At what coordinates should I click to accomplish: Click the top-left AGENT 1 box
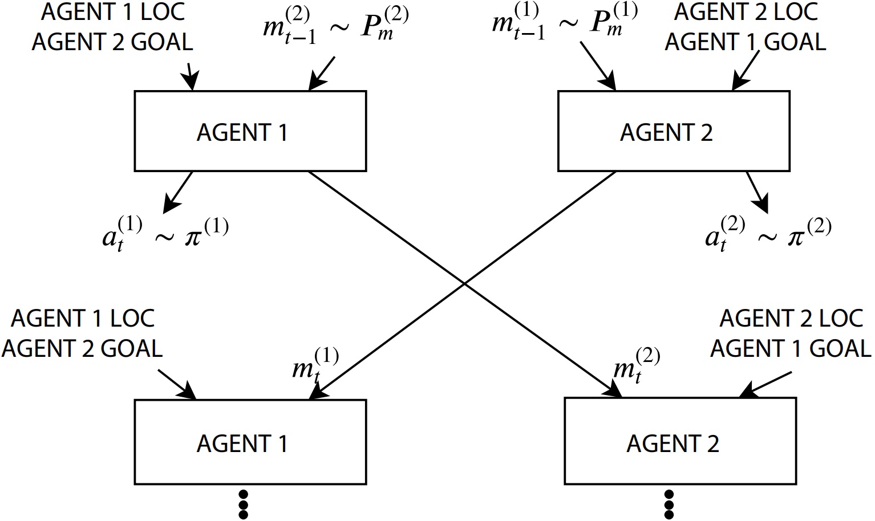click(x=250, y=131)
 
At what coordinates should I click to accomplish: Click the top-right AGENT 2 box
click(x=673, y=131)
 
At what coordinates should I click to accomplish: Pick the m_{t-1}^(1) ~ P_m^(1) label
click(x=565, y=26)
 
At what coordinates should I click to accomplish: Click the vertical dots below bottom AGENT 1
click(x=243, y=504)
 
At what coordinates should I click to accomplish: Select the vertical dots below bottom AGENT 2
click(x=669, y=504)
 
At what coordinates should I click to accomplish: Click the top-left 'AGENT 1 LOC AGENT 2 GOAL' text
click(x=112, y=27)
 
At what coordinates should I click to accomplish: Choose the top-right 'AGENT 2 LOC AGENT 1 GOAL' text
click(x=746, y=27)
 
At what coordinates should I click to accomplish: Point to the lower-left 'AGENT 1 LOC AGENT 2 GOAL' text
click(x=82, y=333)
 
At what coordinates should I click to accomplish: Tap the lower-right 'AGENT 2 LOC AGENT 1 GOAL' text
click(x=791, y=333)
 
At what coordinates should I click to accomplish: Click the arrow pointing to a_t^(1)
click(x=179, y=191)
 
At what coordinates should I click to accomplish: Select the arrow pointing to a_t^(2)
click(x=757, y=192)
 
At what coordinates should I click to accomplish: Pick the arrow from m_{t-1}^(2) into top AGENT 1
click(x=322, y=74)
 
